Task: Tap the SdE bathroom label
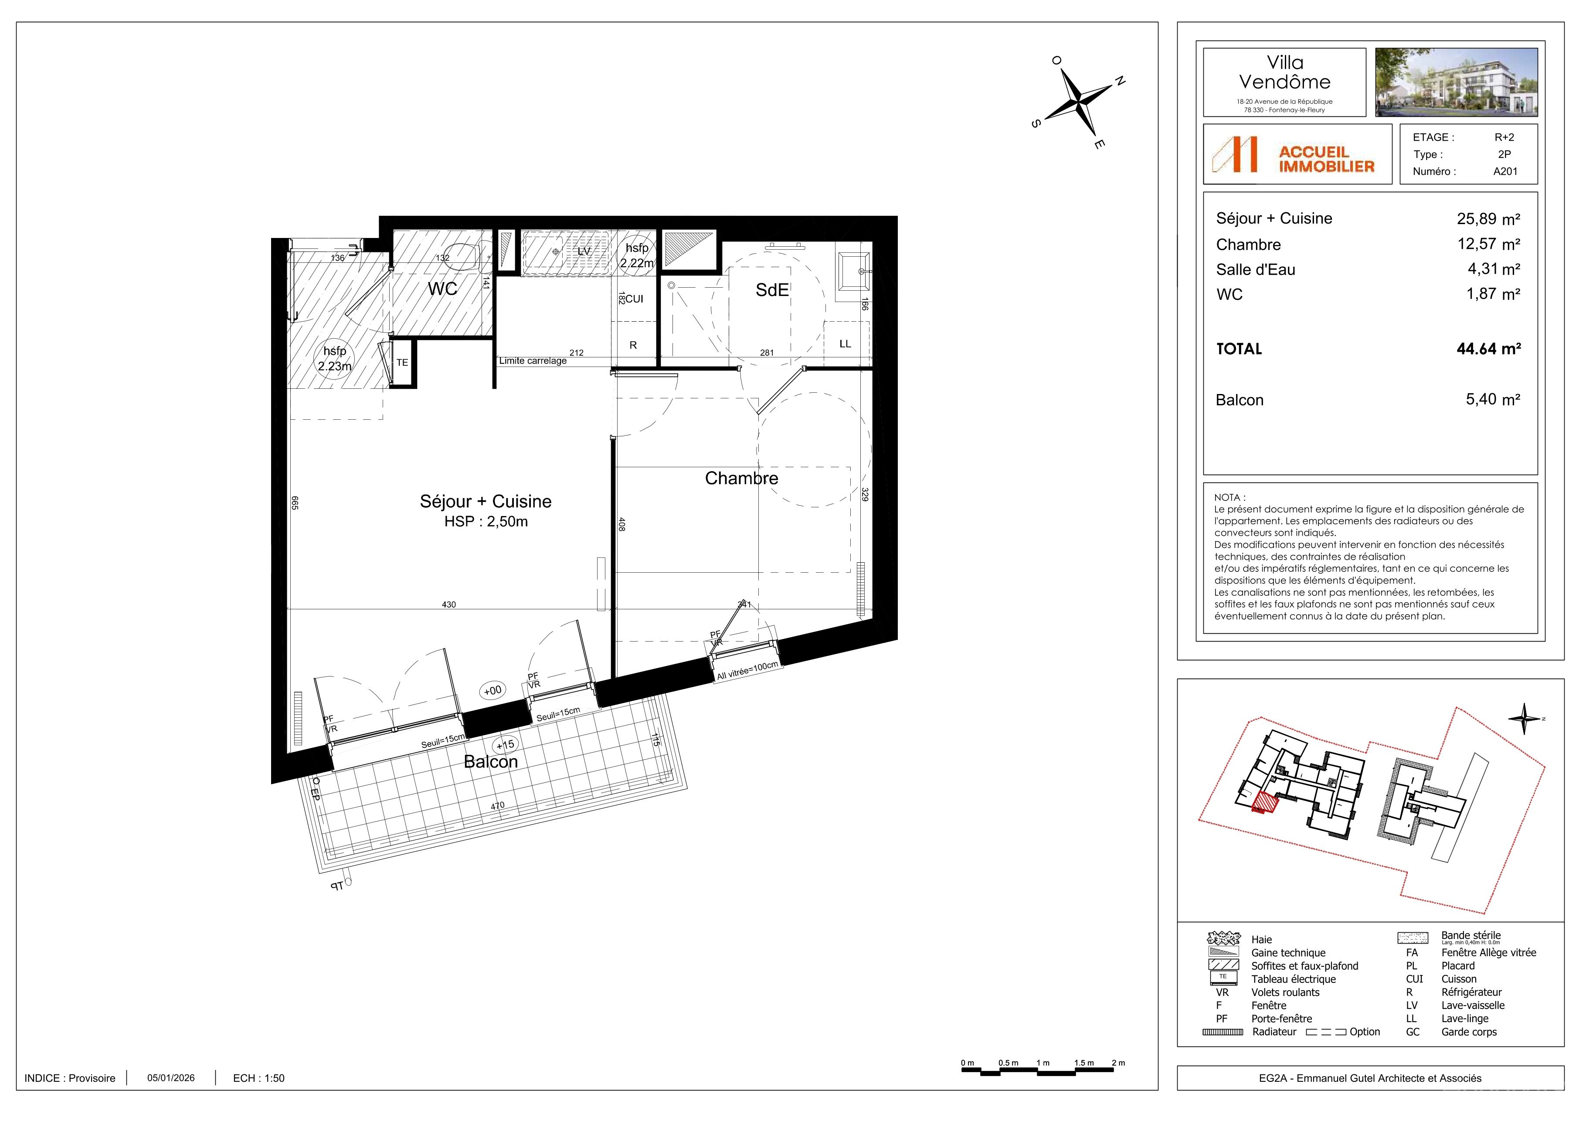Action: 771,290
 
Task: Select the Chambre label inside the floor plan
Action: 741,478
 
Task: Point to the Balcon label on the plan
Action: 490,762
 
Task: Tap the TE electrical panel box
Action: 402,363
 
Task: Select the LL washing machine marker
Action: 845,344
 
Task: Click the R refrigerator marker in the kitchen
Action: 633,345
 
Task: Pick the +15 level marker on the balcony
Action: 505,744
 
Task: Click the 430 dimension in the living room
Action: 449,605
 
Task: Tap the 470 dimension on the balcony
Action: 497,805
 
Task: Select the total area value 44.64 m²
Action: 1489,349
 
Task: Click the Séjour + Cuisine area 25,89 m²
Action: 1489,219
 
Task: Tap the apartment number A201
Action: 1505,171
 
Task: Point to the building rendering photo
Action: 1456,82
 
